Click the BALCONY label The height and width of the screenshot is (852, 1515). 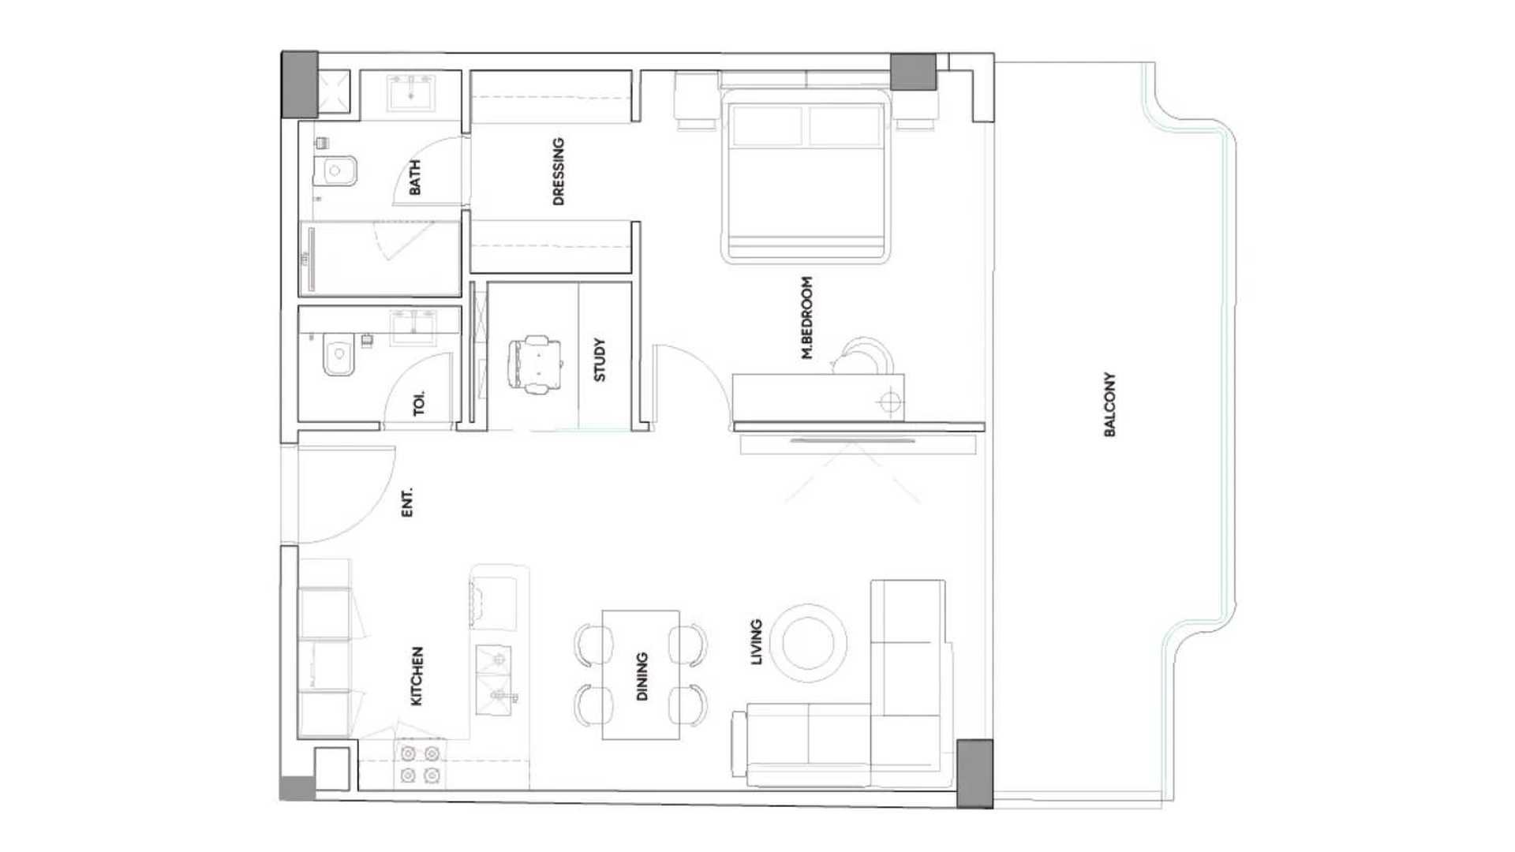point(1109,405)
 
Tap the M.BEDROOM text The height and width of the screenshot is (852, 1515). point(806,318)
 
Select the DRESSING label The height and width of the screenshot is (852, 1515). point(559,171)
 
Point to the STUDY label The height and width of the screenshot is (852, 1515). point(600,360)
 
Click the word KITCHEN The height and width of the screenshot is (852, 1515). point(417,676)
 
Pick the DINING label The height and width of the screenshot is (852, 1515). point(642,676)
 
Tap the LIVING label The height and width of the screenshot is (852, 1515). point(757,642)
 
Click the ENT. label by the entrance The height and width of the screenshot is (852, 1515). point(407,503)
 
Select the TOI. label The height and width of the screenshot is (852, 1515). point(419,403)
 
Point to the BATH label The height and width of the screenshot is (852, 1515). point(415,177)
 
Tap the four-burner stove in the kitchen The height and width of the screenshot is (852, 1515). point(420,764)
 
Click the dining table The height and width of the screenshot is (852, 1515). point(641,674)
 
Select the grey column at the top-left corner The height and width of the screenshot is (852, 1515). point(300,84)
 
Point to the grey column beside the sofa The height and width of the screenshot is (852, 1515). point(975,774)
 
